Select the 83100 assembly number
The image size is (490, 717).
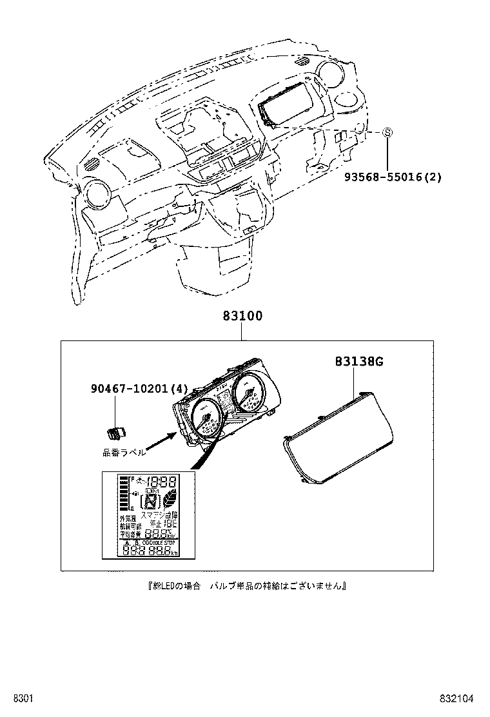(242, 317)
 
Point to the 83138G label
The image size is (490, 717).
(358, 362)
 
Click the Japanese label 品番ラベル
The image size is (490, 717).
(124, 453)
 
